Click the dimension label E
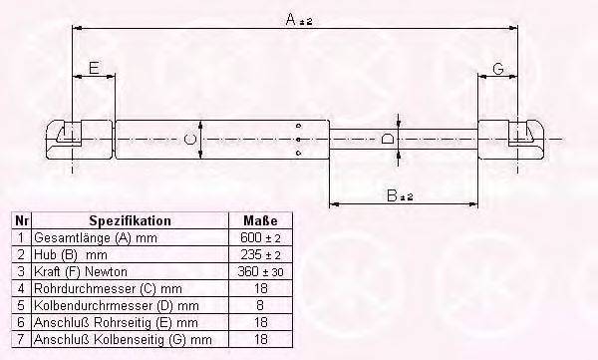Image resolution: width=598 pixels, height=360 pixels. point(93,68)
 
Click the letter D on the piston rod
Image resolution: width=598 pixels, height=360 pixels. point(388,139)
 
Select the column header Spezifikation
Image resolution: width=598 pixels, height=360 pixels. point(131,220)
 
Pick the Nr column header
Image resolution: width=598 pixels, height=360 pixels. point(22,220)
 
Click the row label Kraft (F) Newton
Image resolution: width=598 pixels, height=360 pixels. point(78,271)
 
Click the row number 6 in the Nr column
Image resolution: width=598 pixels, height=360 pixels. point(22,322)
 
